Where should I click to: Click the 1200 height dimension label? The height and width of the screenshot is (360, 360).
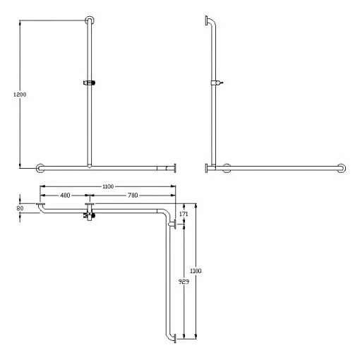[20, 95]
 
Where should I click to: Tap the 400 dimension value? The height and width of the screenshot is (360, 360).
[65, 196]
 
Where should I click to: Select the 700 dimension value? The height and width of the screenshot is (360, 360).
[133, 196]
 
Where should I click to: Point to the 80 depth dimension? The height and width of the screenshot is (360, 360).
[20, 208]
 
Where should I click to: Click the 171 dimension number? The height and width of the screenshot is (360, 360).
[184, 214]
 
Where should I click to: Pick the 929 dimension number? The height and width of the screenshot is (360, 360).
[184, 282]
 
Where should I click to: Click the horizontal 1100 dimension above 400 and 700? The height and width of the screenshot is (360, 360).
[108, 186]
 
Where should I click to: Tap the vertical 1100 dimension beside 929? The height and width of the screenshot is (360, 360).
[196, 271]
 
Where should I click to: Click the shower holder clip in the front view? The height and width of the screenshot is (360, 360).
[89, 83]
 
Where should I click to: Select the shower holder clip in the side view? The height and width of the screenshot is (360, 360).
[217, 83]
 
